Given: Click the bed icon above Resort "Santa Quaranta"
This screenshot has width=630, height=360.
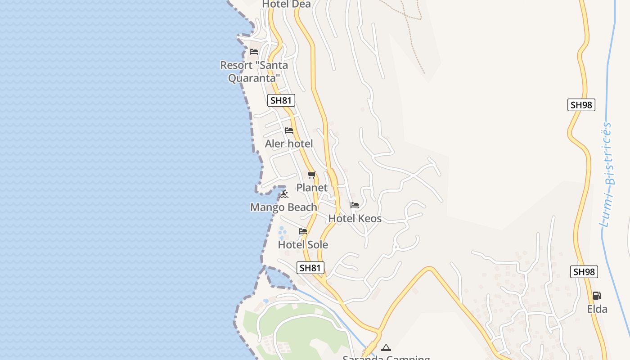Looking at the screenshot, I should click(x=254, y=52).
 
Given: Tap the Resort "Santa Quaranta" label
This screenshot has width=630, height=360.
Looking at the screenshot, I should click(x=254, y=72).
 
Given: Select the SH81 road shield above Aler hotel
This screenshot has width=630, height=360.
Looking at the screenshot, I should click(x=281, y=100).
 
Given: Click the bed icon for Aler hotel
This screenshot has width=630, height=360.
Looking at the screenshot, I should click(x=289, y=130).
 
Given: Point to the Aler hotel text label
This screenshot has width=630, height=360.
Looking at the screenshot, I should click(x=289, y=144).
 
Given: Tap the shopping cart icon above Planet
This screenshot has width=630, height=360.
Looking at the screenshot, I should click(x=311, y=175).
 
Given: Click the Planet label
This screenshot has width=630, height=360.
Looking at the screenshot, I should click(x=311, y=188).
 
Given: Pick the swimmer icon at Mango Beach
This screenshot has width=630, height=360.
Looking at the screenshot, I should click(x=283, y=194).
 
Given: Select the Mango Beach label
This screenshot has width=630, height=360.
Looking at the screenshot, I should click(x=283, y=207).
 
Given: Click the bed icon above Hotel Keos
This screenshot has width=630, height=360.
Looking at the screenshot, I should click(x=355, y=205).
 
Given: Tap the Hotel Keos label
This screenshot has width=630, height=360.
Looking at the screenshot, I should click(x=355, y=219).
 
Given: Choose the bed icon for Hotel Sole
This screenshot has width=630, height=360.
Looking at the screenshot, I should click(x=303, y=231).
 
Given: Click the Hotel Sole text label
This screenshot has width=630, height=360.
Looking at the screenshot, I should click(x=303, y=245).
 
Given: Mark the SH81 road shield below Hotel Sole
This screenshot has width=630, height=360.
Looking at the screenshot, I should click(x=310, y=268).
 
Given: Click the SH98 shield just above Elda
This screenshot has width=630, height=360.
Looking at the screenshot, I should click(x=584, y=272).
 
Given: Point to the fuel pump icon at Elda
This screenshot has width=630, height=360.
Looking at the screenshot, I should click(x=597, y=296).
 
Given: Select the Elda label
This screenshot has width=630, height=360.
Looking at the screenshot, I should click(x=597, y=309).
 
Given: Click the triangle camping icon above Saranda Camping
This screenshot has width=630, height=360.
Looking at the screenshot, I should click(x=386, y=347).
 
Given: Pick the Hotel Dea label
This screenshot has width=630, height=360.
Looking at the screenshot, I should click(x=286, y=4).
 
